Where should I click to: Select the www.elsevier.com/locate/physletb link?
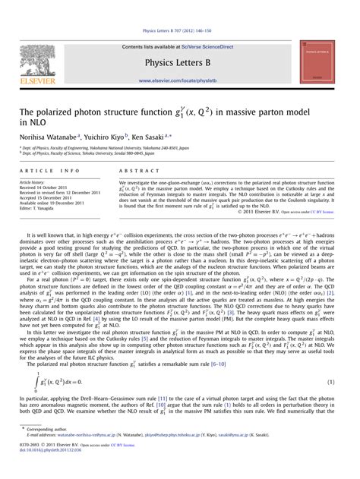coord(180,79)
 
